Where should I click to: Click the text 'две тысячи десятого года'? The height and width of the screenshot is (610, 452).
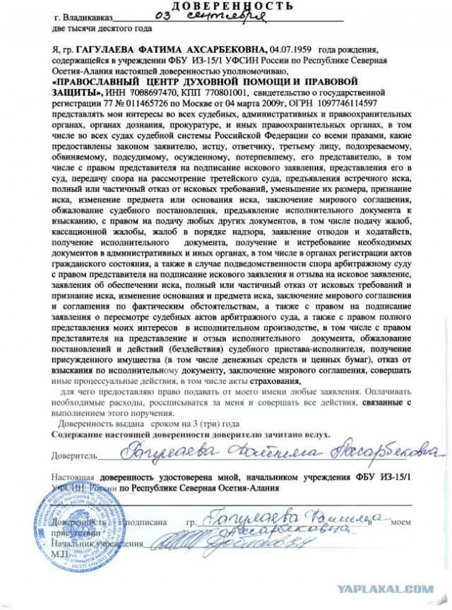(102, 29)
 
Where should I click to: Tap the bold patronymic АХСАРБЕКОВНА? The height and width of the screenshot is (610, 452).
(225, 51)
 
